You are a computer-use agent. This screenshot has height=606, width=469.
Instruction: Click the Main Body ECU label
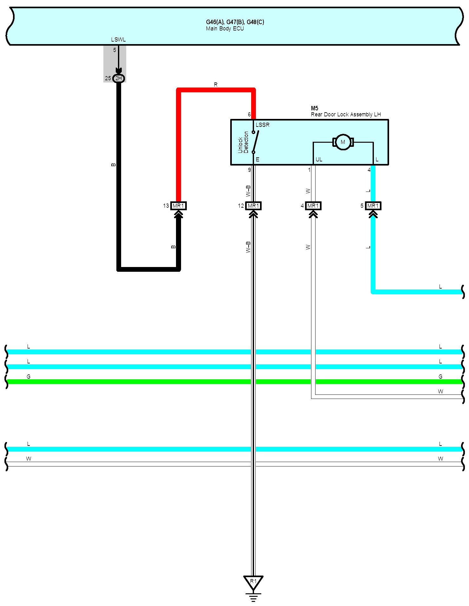click(x=225, y=29)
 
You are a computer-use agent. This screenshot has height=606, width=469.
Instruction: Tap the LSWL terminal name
click(x=118, y=40)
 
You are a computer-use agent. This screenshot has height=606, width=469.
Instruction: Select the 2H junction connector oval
click(x=119, y=78)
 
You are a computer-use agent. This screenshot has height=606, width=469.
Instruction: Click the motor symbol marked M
click(x=343, y=142)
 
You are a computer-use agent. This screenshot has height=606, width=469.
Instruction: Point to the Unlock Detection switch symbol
click(x=255, y=142)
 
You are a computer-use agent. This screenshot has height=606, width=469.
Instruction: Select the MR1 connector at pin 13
click(x=178, y=206)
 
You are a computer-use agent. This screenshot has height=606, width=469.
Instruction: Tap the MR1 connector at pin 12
click(x=253, y=206)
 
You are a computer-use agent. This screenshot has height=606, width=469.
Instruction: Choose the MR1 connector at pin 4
click(x=313, y=206)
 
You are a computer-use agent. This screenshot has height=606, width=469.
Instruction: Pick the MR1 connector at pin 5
click(x=373, y=206)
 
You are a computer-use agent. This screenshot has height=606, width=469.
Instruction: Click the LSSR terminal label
click(x=263, y=125)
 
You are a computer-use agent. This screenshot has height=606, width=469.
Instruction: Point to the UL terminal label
click(x=319, y=160)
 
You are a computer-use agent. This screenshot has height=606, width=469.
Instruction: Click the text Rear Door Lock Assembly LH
click(x=346, y=114)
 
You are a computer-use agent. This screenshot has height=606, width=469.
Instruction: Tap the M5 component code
click(x=314, y=108)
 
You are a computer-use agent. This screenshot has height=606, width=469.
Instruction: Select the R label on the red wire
click(x=216, y=85)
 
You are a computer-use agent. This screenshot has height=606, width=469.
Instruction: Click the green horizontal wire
click(x=127, y=381)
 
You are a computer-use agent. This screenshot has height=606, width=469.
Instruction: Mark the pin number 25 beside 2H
click(x=108, y=78)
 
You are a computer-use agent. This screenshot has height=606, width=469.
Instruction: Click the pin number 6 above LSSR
click(x=249, y=114)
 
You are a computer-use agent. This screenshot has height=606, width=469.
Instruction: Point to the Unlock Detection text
click(x=243, y=142)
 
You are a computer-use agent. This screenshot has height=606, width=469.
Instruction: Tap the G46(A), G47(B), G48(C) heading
click(x=235, y=22)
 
